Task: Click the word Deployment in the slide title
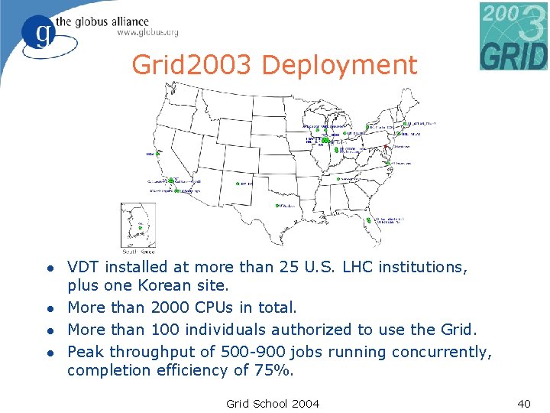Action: point(340,65)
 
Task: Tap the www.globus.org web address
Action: point(147,32)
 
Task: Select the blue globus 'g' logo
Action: point(38,32)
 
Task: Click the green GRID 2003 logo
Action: point(513,36)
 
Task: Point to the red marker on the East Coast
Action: point(387,147)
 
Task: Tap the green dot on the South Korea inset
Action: point(140,227)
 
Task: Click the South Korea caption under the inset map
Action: point(138,251)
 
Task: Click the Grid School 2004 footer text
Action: point(273,403)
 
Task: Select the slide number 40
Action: point(523,403)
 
